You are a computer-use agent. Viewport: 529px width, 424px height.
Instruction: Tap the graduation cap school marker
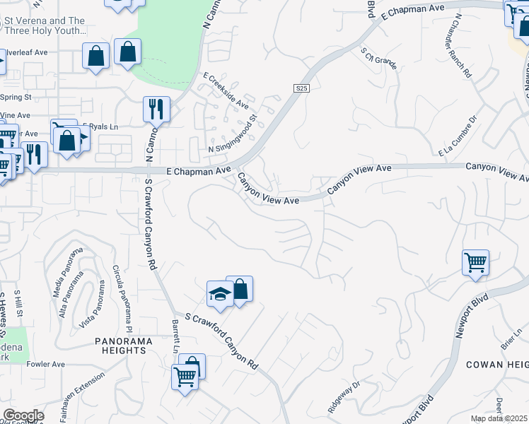pos(220,294)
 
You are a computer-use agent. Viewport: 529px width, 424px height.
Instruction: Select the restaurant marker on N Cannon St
pos(156,110)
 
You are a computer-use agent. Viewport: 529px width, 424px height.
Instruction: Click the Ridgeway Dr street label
pos(344,396)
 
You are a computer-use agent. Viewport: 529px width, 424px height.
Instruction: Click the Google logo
pos(23,416)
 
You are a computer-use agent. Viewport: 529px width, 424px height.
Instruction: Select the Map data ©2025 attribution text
pos(499,418)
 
